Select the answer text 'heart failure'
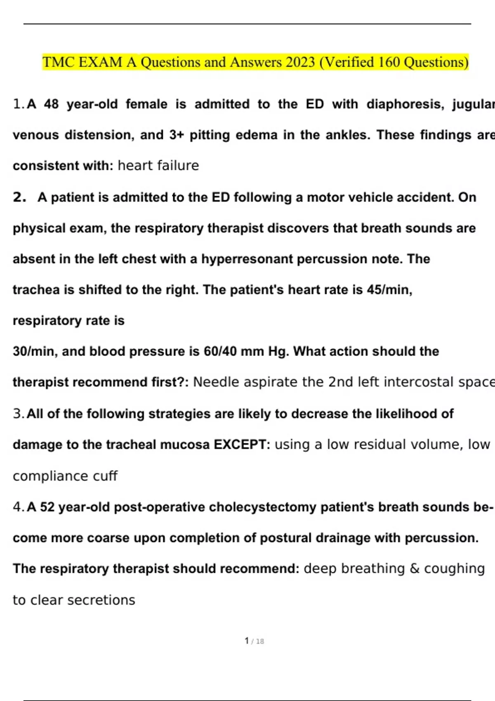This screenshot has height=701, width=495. (x=158, y=166)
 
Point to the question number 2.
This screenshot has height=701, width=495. (x=19, y=197)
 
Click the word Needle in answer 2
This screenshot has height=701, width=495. (x=216, y=382)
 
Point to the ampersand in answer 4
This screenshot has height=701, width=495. (x=414, y=569)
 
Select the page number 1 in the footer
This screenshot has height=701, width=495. (x=247, y=641)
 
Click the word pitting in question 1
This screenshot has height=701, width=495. (x=210, y=135)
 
